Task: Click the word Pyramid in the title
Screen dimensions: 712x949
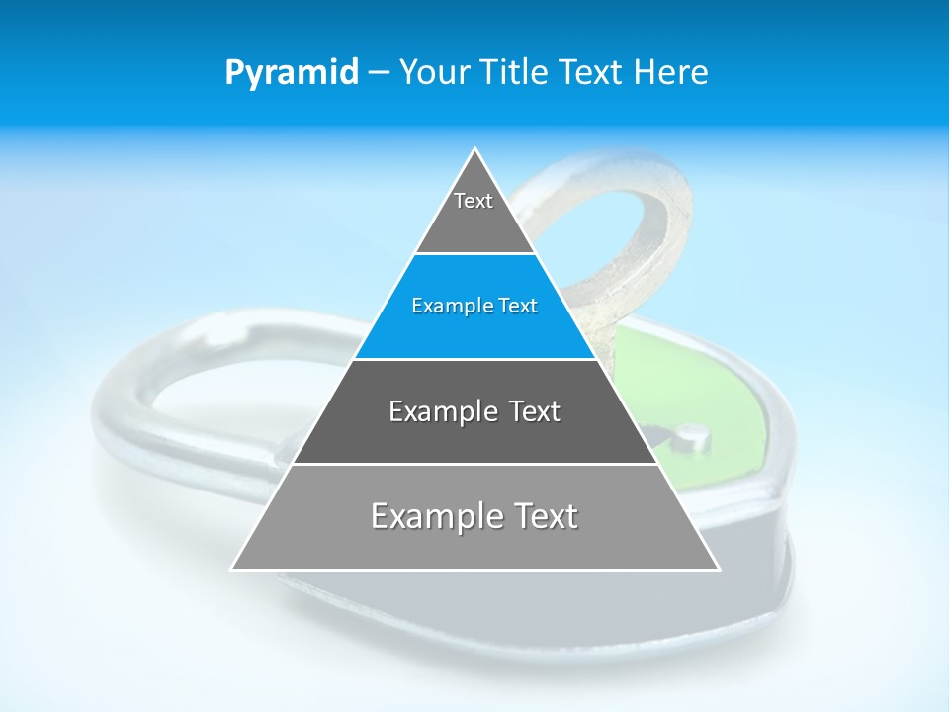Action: click(291, 73)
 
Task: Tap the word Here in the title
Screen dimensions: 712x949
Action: click(671, 72)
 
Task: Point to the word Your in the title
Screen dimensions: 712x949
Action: click(433, 72)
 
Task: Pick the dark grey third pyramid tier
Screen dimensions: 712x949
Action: click(474, 435)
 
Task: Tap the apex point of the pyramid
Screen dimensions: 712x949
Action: click(475, 149)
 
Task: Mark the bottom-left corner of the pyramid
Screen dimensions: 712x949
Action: click(233, 569)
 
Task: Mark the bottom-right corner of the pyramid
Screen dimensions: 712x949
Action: click(718, 569)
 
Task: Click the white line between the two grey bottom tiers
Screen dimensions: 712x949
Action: click(474, 464)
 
